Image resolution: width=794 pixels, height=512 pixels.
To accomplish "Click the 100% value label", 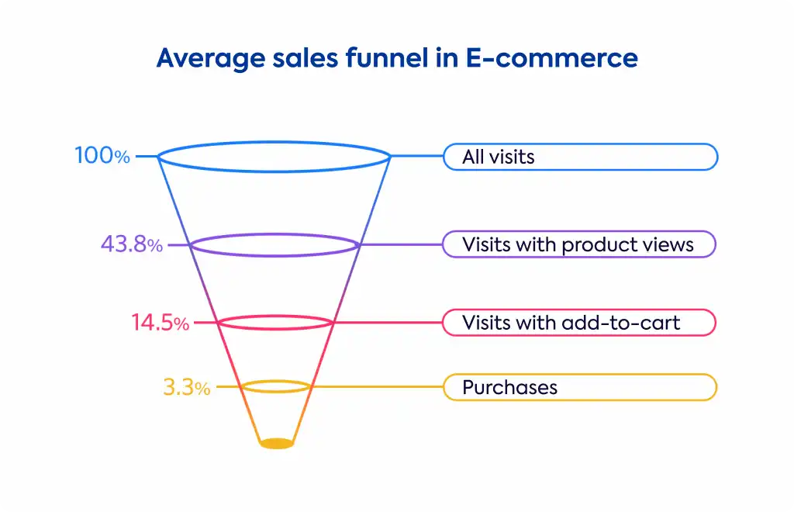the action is pos(102,155).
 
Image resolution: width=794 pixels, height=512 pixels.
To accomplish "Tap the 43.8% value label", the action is pos(132,244).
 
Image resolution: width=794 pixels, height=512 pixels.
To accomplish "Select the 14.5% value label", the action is pos(160,323).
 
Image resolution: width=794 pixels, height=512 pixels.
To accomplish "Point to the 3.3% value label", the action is pos(186,387).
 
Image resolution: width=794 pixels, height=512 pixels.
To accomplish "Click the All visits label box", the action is pos(580,157).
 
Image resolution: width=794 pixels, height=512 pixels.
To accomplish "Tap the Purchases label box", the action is pos(580,387).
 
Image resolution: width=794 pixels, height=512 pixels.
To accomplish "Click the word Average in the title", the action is pos(211,59).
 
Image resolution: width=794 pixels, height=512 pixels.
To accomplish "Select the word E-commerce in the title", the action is pos(551,57).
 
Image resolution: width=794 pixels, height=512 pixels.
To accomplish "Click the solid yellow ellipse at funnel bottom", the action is pos(277,444).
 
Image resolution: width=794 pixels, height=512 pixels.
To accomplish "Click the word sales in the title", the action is pos(306,57).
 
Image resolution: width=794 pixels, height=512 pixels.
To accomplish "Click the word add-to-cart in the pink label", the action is pos(621,323).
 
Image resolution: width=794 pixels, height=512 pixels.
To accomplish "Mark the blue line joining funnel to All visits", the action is pos(416,156).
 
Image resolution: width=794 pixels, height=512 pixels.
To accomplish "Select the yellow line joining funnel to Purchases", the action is pos(377,387).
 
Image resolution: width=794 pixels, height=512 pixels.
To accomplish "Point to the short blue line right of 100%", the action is pos(147,156).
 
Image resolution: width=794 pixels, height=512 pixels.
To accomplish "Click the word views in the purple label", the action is pos(668,244).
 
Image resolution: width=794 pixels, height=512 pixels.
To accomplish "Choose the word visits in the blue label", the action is pos(513,157).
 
